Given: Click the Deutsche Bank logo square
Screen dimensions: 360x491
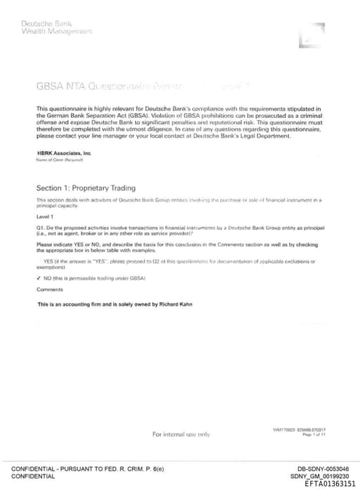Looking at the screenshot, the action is [311, 35].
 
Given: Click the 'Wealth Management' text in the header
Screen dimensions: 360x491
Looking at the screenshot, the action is [57, 32].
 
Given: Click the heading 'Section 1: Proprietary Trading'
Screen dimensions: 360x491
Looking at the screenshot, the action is [86, 188].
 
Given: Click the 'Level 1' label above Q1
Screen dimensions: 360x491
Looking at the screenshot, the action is [46, 217].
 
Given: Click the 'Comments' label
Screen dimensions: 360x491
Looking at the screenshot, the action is [49, 289].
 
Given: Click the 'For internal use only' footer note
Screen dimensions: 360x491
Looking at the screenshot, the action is [181, 434].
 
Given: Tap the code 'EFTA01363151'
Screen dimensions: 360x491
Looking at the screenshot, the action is [330, 484].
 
